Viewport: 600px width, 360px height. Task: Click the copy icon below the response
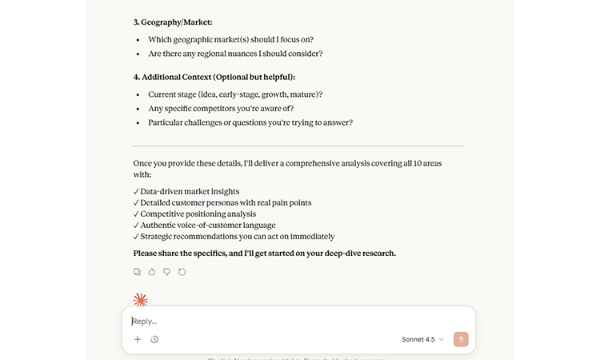coord(138,272)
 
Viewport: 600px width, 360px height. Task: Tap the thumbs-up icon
coord(152,272)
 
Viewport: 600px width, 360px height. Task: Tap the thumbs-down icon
coord(167,272)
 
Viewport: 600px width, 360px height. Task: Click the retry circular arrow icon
coord(182,272)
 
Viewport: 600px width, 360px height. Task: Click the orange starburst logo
coord(141,300)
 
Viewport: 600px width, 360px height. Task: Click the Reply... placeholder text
coord(145,322)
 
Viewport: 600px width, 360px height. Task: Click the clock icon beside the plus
coord(154,339)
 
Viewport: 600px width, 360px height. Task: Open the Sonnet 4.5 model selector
coord(422,339)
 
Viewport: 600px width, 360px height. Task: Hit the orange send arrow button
coord(461,339)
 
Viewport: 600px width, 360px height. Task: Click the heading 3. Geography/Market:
coord(173,22)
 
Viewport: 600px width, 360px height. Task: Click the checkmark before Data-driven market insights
coord(136,191)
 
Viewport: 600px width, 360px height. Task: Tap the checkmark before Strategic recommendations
coord(136,236)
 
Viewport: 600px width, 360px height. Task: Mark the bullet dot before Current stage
coord(138,94)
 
